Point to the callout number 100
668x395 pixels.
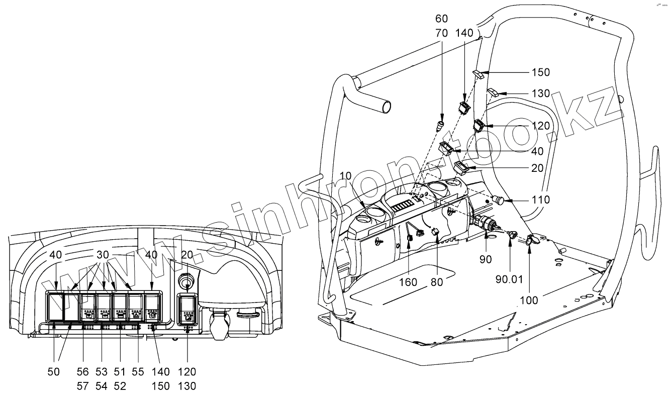tap(528, 300)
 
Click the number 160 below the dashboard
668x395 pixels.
tap(408, 282)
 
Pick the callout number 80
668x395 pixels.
tap(437, 282)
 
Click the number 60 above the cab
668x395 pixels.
tap(441, 19)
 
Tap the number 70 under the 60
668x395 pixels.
tap(441, 34)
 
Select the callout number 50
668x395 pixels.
tap(53, 372)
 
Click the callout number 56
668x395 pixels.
tap(82, 372)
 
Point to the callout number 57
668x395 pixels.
tap(82, 386)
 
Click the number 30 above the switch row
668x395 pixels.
tap(103, 255)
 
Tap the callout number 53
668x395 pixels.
tap(102, 372)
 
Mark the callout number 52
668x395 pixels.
tap(120, 386)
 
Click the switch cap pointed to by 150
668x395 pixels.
tap(479, 75)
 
